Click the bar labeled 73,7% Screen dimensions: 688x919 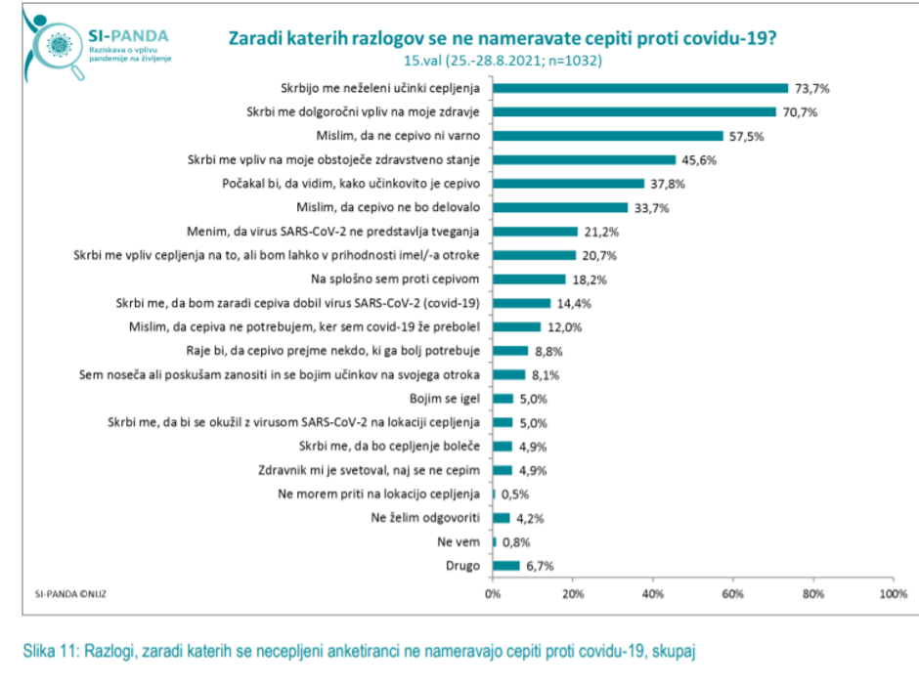tap(640, 88)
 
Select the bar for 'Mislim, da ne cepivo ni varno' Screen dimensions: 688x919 tap(608, 136)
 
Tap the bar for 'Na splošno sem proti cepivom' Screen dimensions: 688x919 tap(529, 279)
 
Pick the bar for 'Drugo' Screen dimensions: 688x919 tap(506, 565)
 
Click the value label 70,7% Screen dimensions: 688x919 tap(800, 112)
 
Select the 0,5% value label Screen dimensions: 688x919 tap(514, 494)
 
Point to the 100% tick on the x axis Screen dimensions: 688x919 tap(893, 593)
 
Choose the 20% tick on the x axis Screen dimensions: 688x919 tap(573, 593)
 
